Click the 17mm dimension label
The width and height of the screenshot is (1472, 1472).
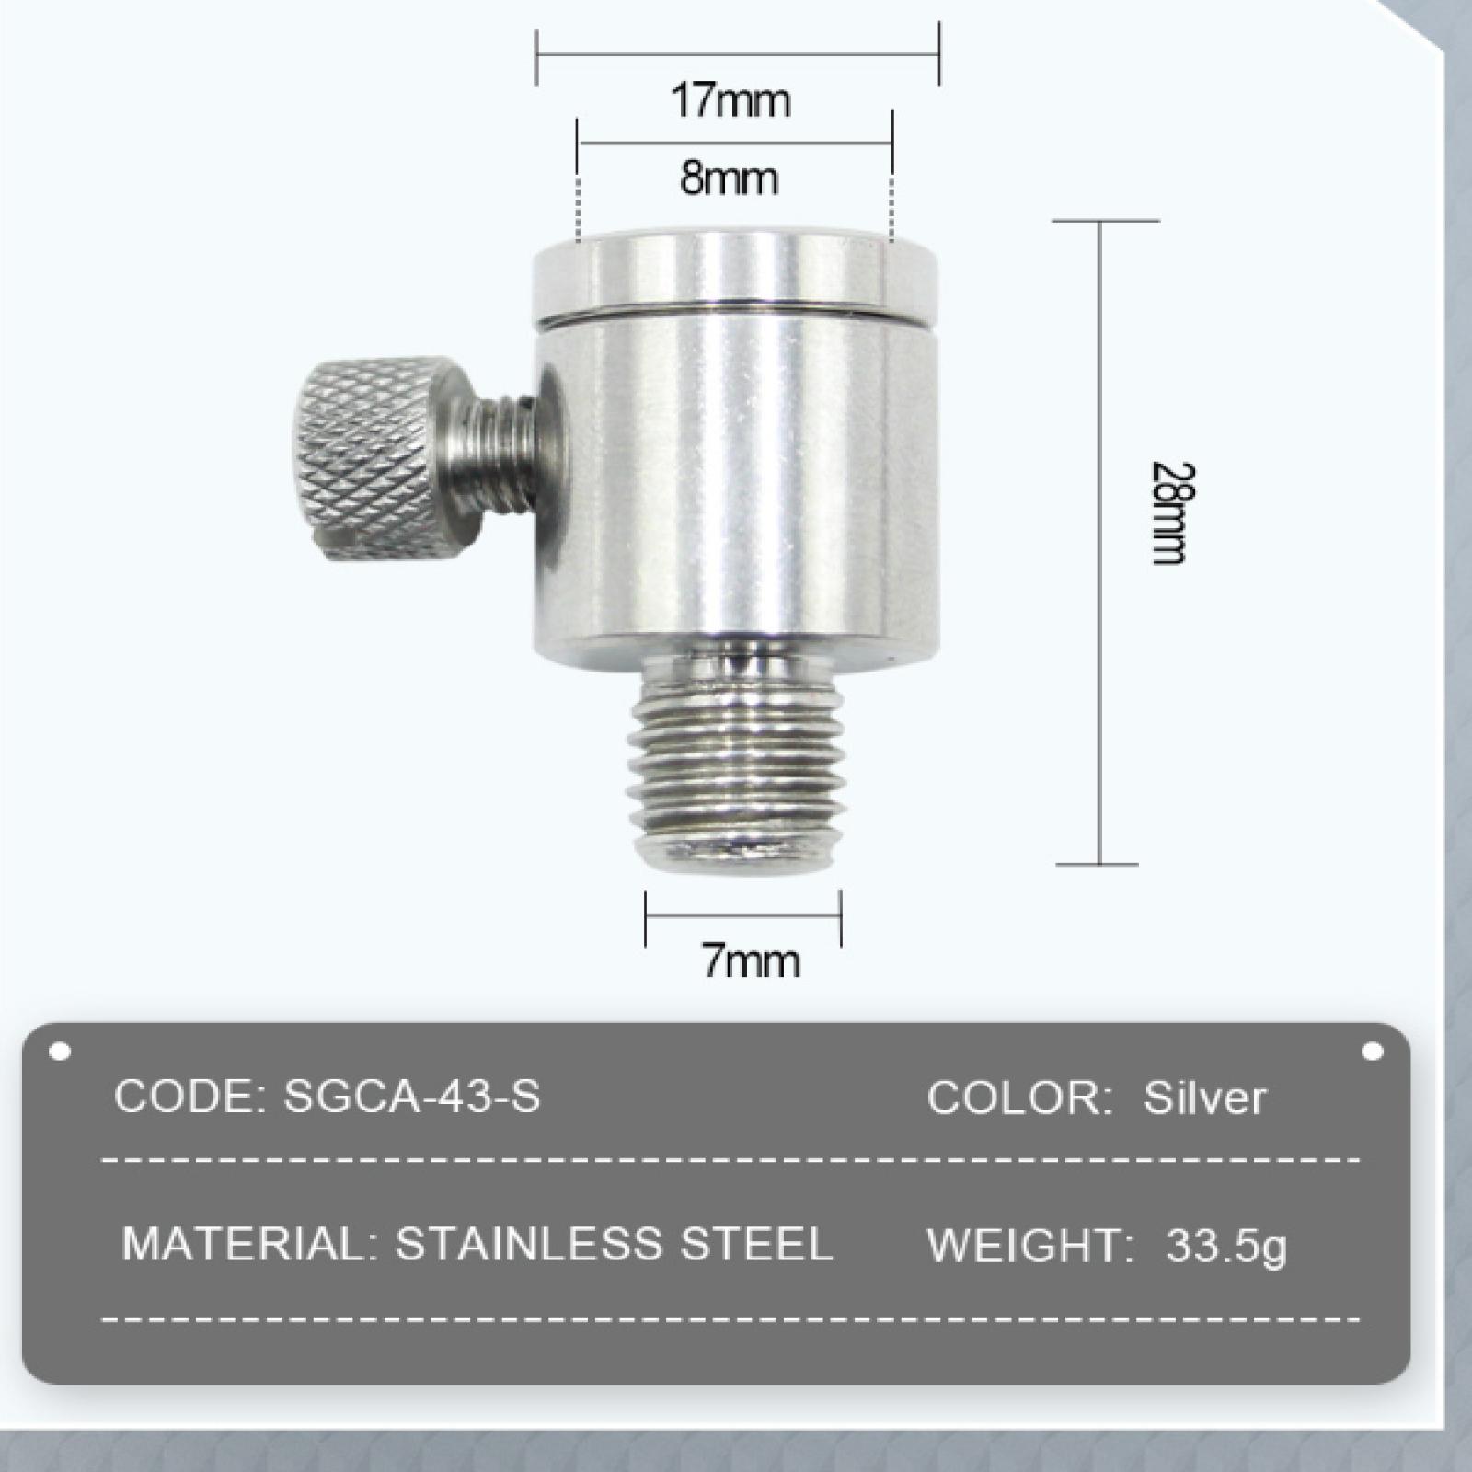pos(730,100)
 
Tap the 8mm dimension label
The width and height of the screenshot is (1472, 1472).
pos(730,178)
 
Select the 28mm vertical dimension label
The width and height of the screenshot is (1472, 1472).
pos(1171,512)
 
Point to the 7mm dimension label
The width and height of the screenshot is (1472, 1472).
pos(751,961)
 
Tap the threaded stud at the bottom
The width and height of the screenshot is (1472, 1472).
pos(739,759)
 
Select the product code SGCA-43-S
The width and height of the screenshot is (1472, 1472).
pos(411,1096)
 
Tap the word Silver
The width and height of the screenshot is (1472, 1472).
pos(1205,1098)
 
